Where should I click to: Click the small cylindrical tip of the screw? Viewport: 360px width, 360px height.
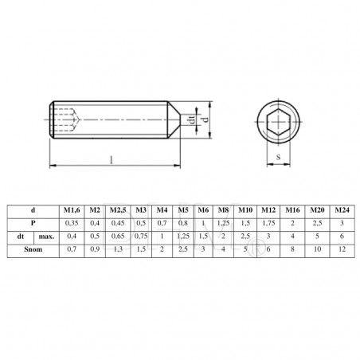186,120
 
